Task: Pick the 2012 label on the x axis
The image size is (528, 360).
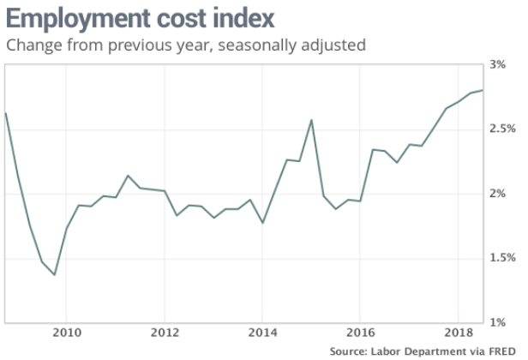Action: (x=165, y=332)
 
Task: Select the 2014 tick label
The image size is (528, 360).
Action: (x=262, y=332)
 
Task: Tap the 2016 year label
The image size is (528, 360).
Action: (x=360, y=332)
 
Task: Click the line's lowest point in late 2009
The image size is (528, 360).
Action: (x=55, y=275)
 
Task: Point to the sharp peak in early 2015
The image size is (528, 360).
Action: (x=311, y=119)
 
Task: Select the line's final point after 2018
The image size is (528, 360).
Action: (x=483, y=90)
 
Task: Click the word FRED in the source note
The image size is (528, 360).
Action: (x=504, y=351)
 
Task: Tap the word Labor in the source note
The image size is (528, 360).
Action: (x=385, y=351)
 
